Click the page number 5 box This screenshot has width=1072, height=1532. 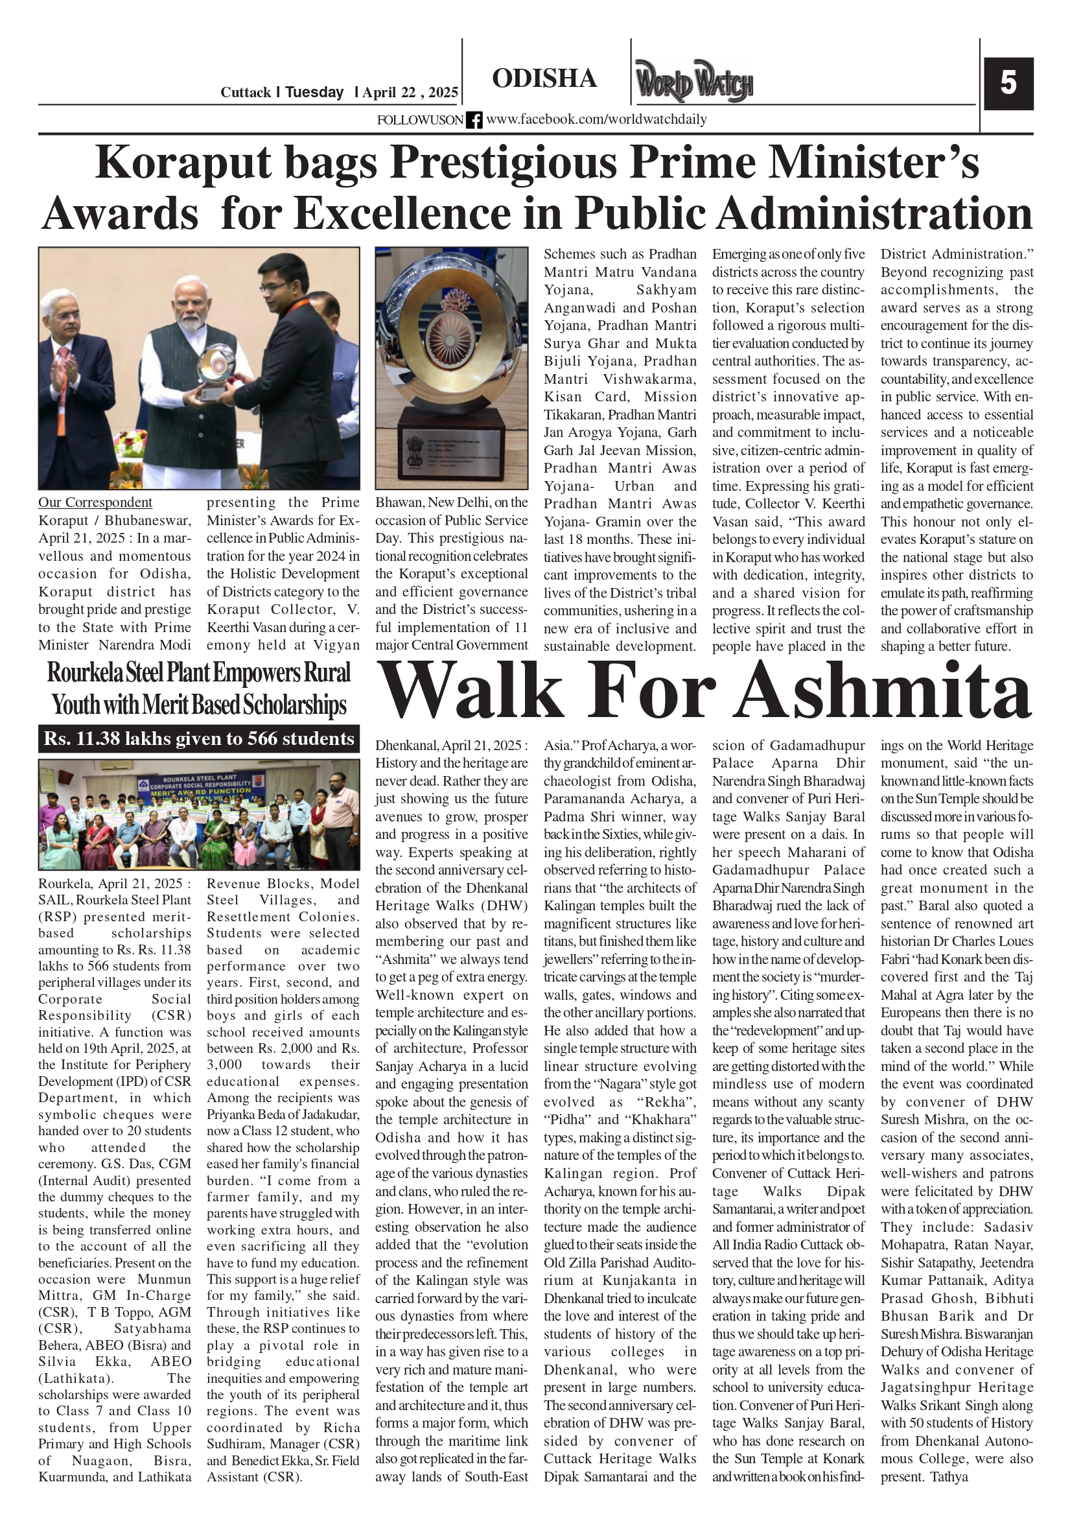[x=1008, y=84]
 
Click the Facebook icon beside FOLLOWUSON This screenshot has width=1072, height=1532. [x=474, y=120]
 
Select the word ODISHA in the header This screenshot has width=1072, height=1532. [x=544, y=78]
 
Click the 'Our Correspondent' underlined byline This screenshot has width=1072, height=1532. [x=95, y=502]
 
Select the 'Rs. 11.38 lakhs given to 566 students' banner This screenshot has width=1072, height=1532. [x=199, y=738]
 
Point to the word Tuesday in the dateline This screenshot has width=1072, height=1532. [x=314, y=93]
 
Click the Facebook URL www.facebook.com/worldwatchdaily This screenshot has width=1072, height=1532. [x=596, y=119]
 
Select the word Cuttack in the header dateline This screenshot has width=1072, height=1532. [x=246, y=93]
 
